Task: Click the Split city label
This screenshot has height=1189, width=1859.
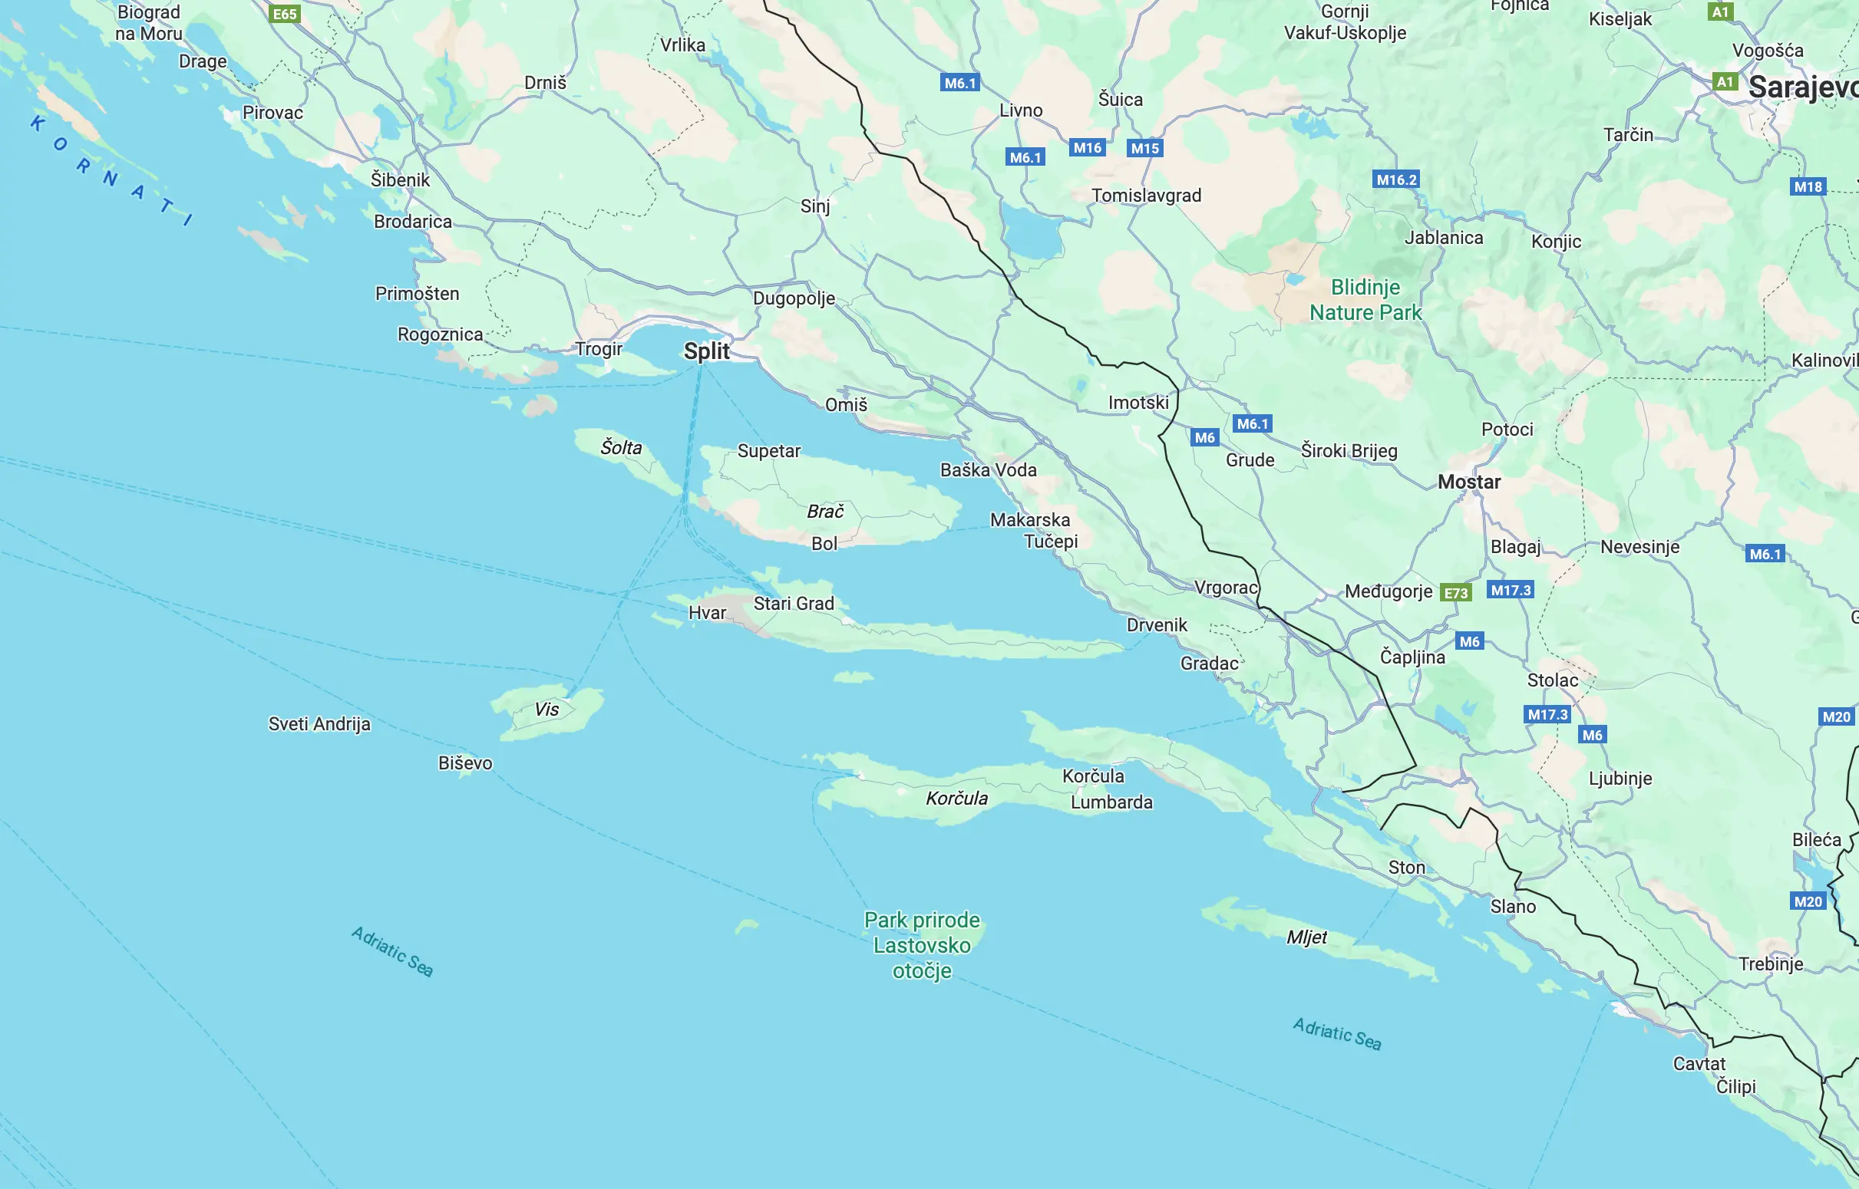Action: (x=706, y=351)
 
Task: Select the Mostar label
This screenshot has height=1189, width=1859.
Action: (x=1469, y=482)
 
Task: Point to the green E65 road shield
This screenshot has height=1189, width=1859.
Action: (x=285, y=14)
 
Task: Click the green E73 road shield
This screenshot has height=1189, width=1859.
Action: (x=1456, y=593)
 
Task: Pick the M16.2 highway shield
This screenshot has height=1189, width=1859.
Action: (x=1396, y=180)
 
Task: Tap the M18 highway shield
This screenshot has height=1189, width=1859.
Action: (x=1808, y=187)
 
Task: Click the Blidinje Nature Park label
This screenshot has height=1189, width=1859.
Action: (x=1365, y=300)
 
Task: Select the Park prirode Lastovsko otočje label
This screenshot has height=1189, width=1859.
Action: (x=921, y=945)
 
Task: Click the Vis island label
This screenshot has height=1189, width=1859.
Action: (x=546, y=709)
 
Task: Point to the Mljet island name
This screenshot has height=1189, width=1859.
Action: (x=1307, y=937)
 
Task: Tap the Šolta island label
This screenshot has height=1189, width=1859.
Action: (x=621, y=448)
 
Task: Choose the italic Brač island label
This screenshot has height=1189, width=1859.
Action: (x=825, y=511)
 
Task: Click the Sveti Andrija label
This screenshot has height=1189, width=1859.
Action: (x=319, y=724)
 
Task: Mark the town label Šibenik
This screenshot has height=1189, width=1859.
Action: (x=400, y=180)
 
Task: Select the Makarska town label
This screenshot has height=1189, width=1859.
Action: (x=1029, y=519)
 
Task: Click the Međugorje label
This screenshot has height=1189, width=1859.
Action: (x=1388, y=591)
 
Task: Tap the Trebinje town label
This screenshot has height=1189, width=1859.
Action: (x=1771, y=963)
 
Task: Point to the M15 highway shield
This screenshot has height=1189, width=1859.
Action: (x=1144, y=148)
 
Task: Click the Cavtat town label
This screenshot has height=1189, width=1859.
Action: (x=1699, y=1064)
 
